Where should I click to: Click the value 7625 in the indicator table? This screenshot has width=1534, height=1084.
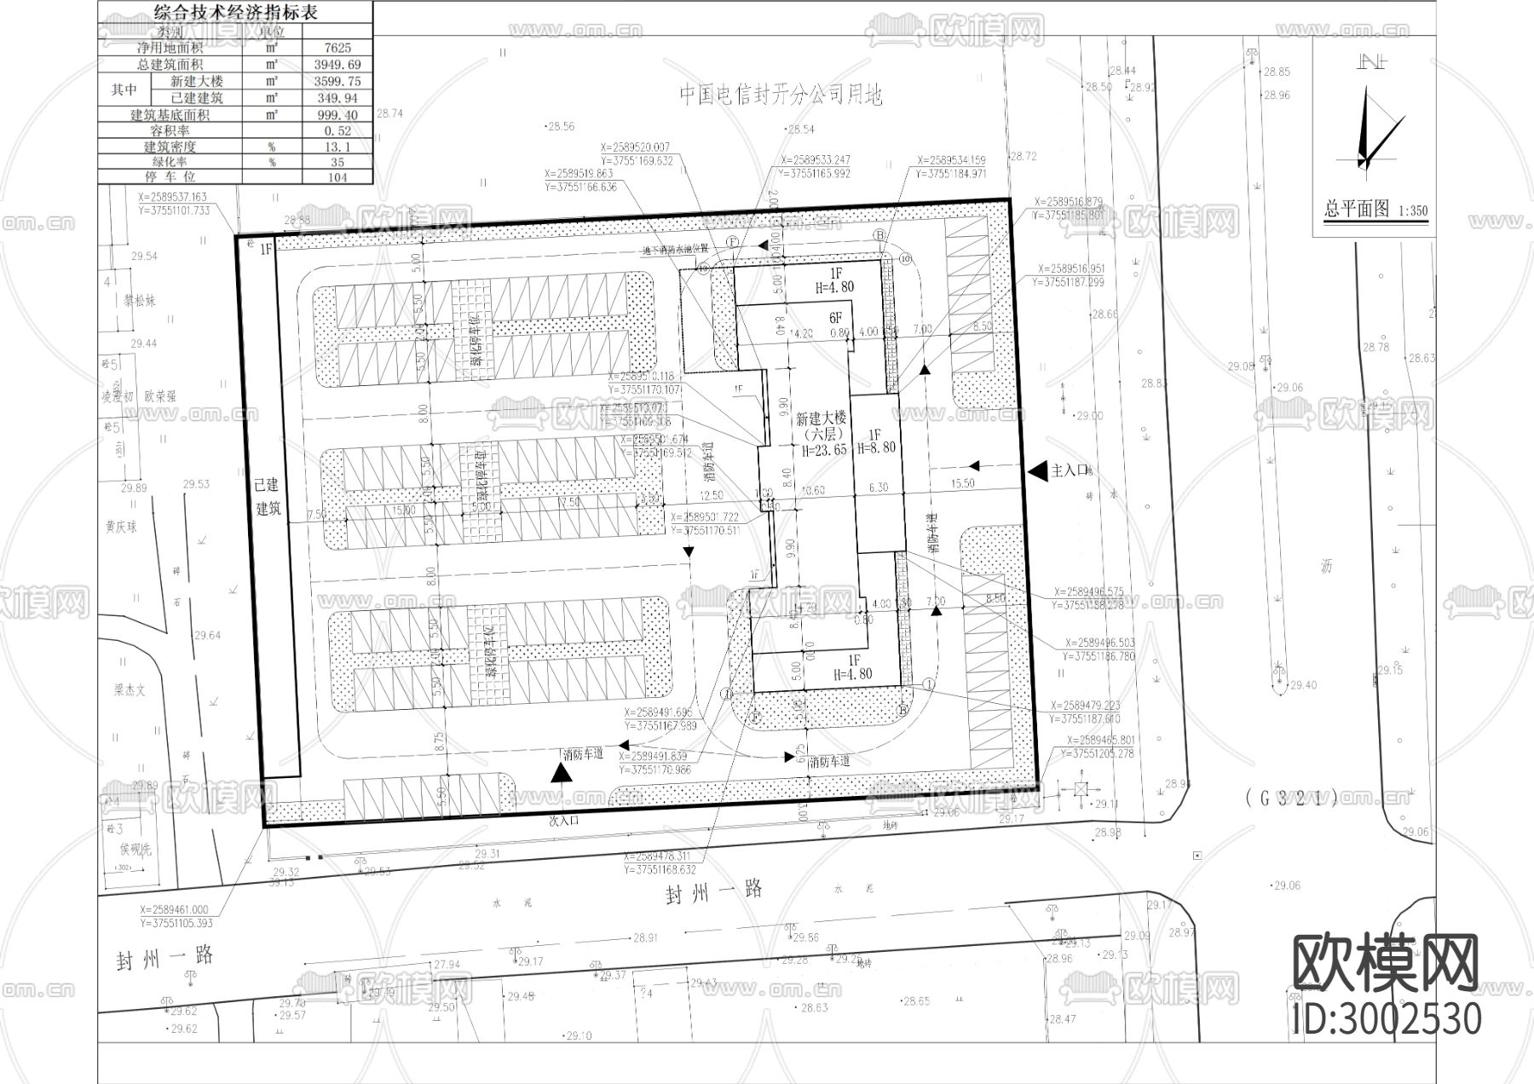click(337, 48)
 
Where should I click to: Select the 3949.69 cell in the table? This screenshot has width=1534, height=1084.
click(337, 65)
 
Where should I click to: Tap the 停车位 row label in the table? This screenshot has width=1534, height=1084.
click(170, 176)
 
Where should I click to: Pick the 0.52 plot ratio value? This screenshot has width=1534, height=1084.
click(337, 131)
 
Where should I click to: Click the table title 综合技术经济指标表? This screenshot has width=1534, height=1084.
click(235, 13)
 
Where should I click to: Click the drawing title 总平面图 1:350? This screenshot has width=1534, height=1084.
click(1375, 210)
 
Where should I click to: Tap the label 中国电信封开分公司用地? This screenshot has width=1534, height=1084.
click(781, 95)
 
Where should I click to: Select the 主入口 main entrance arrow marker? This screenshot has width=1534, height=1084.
click(1037, 470)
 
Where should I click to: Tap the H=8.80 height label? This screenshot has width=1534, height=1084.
click(877, 448)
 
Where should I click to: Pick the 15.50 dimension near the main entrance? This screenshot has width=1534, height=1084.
click(962, 484)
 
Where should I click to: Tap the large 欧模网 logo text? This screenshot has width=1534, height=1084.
click(1386, 964)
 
